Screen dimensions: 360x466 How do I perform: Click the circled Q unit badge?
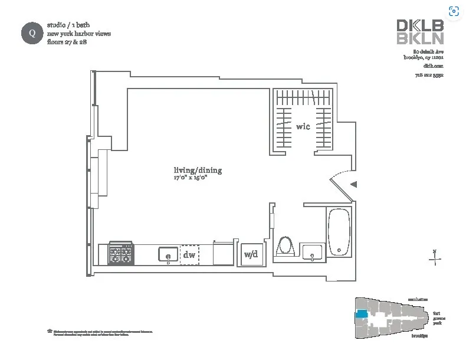(32, 32)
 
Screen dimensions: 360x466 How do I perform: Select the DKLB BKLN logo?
(419, 32)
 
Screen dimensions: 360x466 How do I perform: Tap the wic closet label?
(303, 126)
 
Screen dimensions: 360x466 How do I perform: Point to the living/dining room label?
(198, 171)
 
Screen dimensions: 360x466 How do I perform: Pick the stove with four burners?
(120, 254)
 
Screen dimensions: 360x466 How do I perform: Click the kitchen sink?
(168, 254)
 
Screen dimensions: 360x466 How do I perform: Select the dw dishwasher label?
(189, 255)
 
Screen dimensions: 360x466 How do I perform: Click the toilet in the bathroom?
(285, 246)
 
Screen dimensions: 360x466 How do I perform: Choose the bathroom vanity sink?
(311, 253)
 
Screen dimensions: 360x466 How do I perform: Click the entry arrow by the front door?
(353, 184)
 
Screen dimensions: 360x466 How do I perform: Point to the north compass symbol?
(435, 257)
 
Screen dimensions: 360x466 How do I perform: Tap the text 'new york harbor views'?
(79, 34)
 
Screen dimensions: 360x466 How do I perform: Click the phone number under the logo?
(429, 75)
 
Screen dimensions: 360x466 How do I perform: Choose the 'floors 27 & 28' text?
(67, 42)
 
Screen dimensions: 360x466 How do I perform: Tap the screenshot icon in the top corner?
(454, 11)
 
